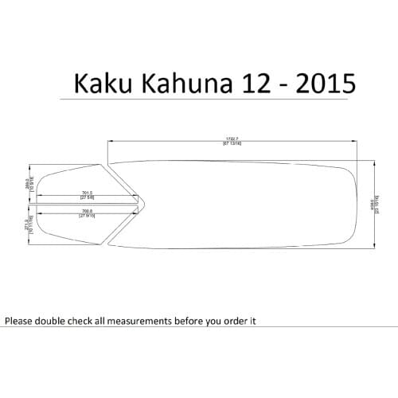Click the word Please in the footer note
pos(21,322)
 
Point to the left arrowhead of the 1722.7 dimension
pos(111,142)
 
